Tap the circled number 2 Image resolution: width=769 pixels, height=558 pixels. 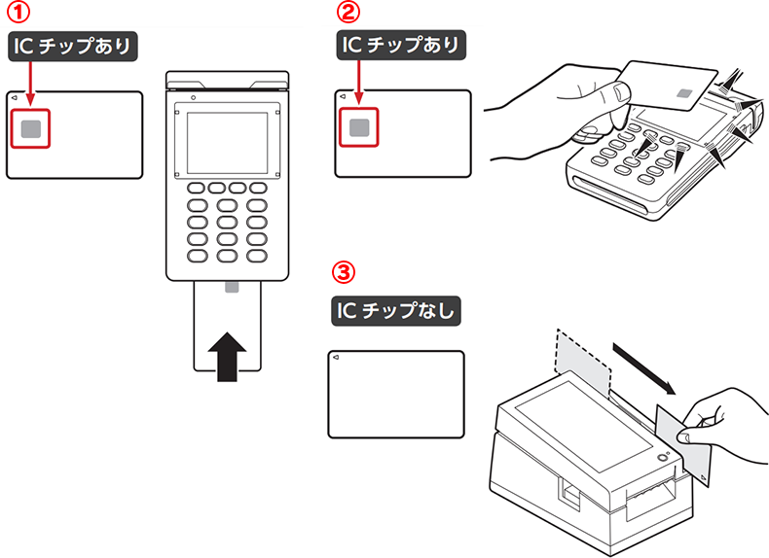[x=347, y=16]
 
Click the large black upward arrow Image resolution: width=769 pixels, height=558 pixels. [x=229, y=354]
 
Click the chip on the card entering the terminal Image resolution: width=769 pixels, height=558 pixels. [x=231, y=289]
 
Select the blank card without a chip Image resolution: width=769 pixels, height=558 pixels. [x=395, y=395]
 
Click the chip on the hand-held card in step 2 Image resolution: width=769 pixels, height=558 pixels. [x=684, y=95]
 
